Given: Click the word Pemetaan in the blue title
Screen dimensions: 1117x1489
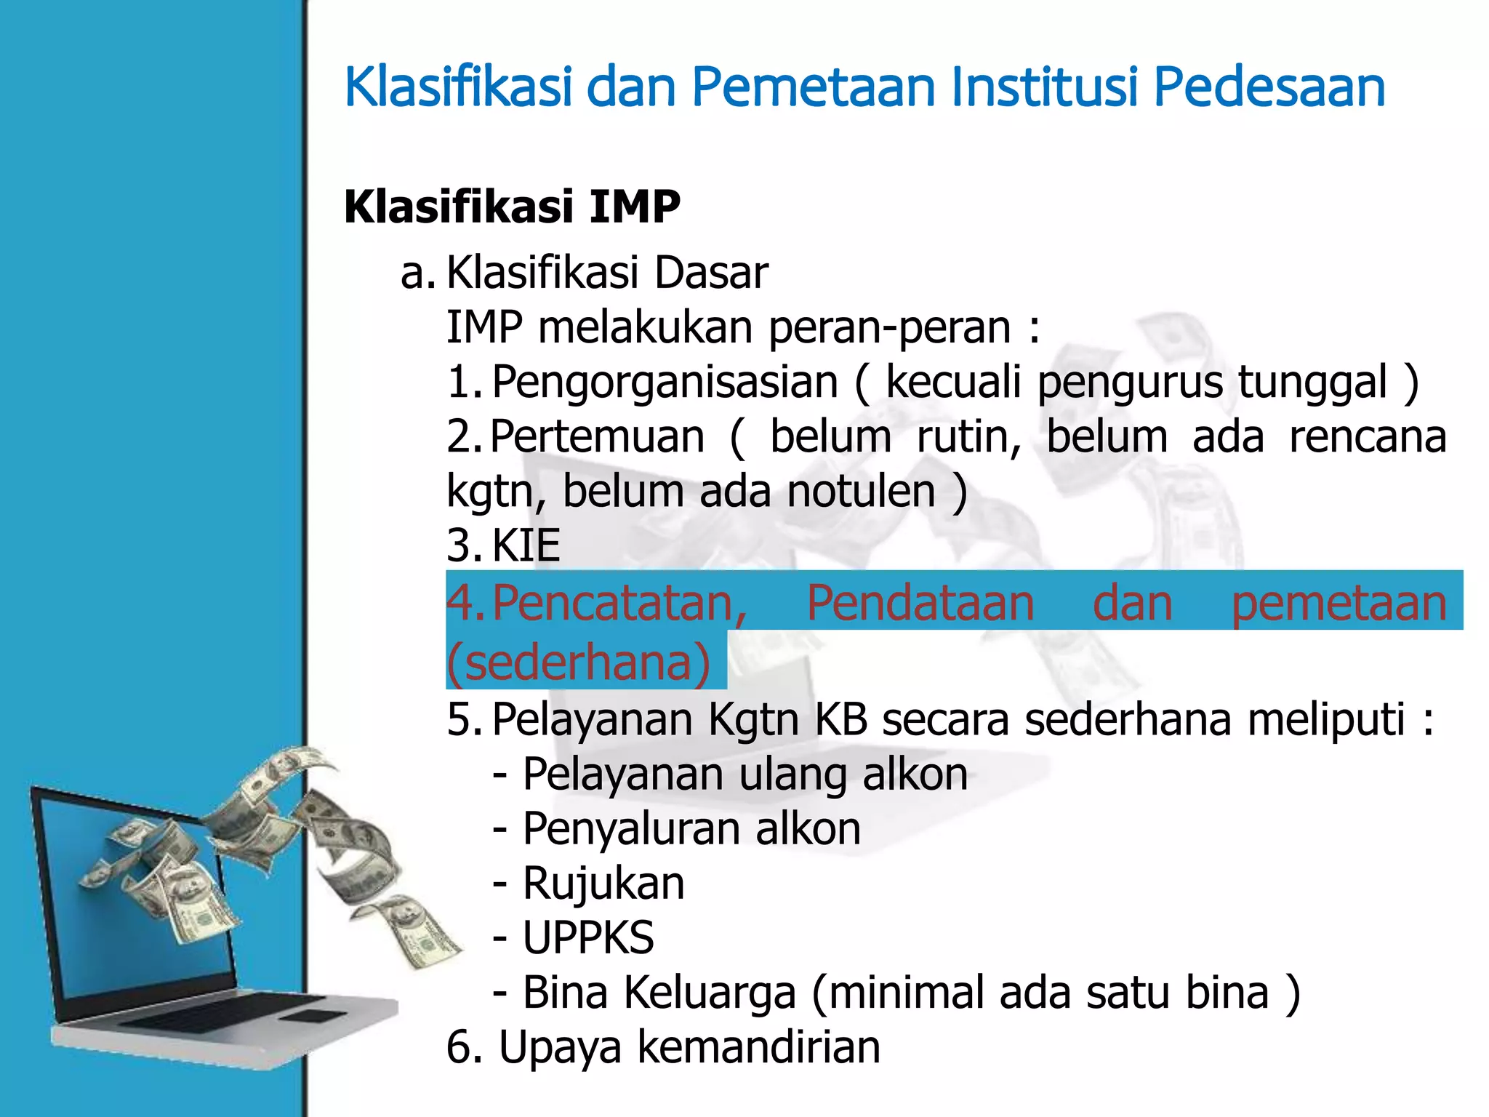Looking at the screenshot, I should (812, 87).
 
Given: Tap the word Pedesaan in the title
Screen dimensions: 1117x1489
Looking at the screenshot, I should (1269, 87).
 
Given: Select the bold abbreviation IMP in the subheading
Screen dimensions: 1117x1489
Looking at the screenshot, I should (634, 207).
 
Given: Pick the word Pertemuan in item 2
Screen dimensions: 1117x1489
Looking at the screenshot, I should (597, 436).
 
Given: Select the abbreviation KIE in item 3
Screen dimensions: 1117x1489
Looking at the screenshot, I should (526, 545).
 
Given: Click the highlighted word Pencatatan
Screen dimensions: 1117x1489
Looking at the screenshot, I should (619, 603).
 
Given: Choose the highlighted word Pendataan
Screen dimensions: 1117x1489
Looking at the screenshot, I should (920, 603).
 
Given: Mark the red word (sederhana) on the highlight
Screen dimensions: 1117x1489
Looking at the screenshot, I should (578, 662).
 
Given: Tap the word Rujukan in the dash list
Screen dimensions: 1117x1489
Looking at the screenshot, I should (603, 884).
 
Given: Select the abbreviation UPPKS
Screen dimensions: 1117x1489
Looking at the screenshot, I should (588, 938).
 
